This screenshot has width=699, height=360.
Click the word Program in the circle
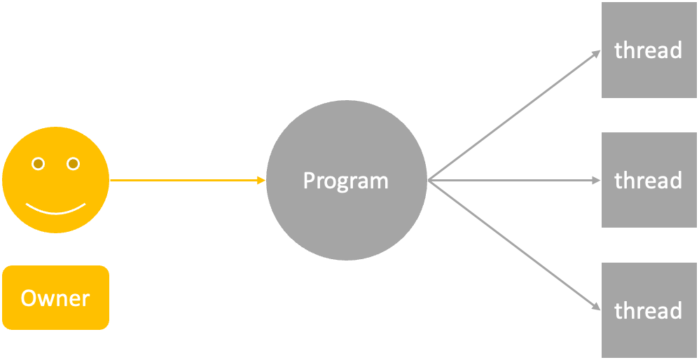(x=345, y=181)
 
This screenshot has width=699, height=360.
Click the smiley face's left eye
(x=39, y=164)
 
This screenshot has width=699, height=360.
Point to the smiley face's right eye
(x=73, y=164)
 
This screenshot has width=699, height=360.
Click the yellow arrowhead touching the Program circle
(x=261, y=181)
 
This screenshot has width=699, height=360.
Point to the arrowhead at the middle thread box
(x=596, y=181)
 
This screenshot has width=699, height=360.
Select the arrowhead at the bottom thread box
(x=596, y=307)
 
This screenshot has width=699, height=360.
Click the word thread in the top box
(x=648, y=50)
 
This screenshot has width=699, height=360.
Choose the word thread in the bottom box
(x=648, y=310)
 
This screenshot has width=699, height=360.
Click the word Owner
(x=55, y=298)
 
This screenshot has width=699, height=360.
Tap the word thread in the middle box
(x=648, y=181)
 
